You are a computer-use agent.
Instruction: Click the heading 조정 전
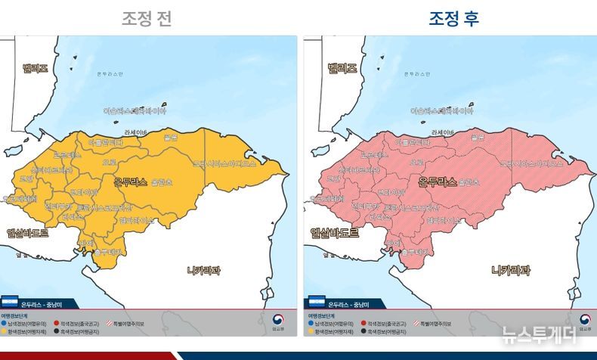click(x=147, y=18)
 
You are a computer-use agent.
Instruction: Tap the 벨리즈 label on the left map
click(x=35, y=69)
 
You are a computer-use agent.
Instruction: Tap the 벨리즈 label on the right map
click(x=342, y=69)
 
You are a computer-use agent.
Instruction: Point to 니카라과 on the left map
click(x=203, y=270)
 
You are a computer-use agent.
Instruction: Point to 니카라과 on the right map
click(x=511, y=270)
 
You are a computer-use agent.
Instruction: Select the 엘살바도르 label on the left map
click(x=27, y=233)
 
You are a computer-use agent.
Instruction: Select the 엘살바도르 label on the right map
click(x=335, y=233)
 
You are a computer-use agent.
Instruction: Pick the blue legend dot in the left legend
click(x=4, y=323)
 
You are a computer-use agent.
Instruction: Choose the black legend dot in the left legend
click(x=56, y=331)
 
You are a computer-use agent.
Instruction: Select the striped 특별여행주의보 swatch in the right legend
click(x=416, y=323)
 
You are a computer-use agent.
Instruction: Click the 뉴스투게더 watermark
click(x=538, y=334)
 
